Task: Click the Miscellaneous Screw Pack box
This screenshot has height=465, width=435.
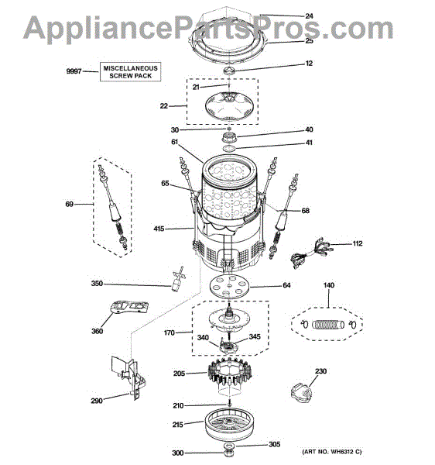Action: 130,72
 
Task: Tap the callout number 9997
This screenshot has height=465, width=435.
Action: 74,71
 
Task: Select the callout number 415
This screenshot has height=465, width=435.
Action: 159,229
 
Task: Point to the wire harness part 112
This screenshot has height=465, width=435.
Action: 310,253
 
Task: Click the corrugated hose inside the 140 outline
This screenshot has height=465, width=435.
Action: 328,325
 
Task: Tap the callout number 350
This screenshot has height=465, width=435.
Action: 97,284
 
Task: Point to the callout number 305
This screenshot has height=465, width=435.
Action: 274,444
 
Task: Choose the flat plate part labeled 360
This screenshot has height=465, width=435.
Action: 129,307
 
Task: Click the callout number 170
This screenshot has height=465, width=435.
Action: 169,332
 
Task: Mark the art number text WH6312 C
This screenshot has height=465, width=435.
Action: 346,452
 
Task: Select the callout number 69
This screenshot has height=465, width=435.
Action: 70,204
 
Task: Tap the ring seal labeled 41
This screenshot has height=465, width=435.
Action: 229,149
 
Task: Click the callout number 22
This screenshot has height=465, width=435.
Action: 164,106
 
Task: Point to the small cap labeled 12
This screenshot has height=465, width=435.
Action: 229,71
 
